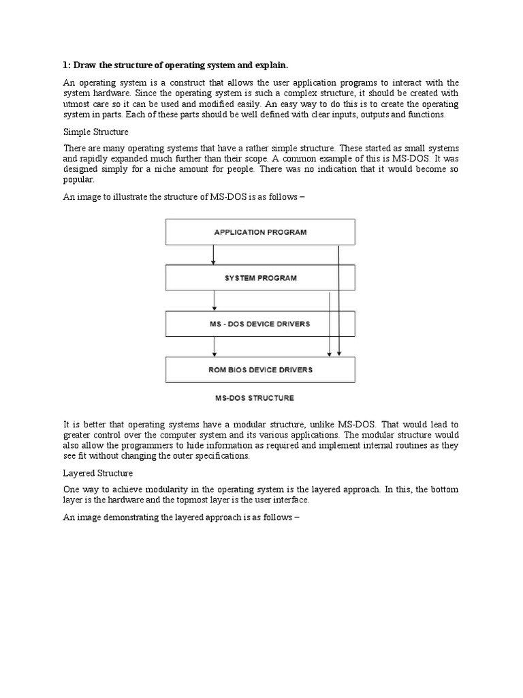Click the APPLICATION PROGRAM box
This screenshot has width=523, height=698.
point(260,232)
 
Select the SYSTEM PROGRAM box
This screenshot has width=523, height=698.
point(260,278)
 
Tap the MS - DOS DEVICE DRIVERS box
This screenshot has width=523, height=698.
point(260,324)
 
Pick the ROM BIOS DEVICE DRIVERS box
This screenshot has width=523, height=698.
point(260,369)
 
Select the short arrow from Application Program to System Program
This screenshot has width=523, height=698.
point(214,254)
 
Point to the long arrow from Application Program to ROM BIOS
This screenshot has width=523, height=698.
point(339,300)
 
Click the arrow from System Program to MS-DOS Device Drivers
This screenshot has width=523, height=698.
point(215,301)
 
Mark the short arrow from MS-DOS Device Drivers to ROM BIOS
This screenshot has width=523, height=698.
point(215,346)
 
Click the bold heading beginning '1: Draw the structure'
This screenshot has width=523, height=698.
point(176,65)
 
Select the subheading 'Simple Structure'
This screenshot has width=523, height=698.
point(96,131)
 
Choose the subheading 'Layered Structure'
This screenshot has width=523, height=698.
point(98,472)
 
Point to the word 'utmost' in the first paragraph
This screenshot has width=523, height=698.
point(77,104)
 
